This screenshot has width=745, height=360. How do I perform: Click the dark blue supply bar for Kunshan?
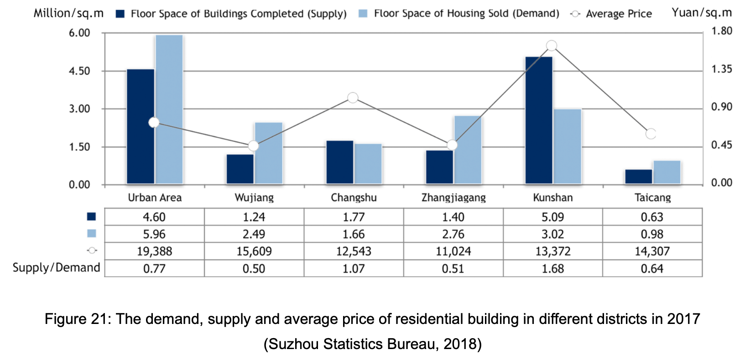539,120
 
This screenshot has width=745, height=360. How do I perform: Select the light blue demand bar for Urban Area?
169,110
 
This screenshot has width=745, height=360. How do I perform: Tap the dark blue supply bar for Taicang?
638,177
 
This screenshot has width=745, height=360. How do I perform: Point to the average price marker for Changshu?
353,98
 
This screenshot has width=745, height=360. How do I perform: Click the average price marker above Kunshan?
552,46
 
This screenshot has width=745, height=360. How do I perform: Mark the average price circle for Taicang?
651,134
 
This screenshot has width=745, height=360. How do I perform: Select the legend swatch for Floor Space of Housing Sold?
363,14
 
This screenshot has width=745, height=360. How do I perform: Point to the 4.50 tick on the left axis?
79,71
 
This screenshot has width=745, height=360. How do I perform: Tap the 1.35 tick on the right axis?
722,69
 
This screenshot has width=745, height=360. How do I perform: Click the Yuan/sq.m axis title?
702,13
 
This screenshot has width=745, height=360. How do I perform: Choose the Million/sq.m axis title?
68,13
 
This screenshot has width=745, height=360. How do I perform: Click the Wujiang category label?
254,198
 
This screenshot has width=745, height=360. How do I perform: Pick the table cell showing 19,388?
154,251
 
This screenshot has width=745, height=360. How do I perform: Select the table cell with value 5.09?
552,217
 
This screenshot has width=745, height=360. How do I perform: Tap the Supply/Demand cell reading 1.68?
552,269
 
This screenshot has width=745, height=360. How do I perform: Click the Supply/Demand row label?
56,268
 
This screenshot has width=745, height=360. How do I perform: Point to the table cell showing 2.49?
254,234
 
